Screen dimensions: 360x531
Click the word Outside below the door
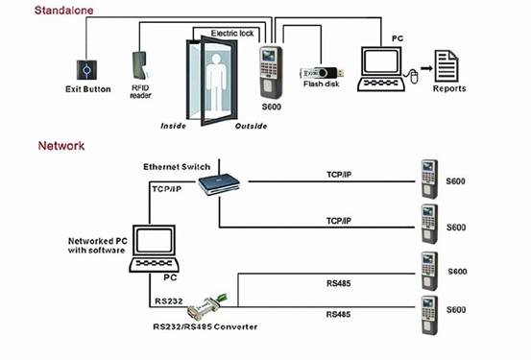pyautogui.click(x=251, y=126)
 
